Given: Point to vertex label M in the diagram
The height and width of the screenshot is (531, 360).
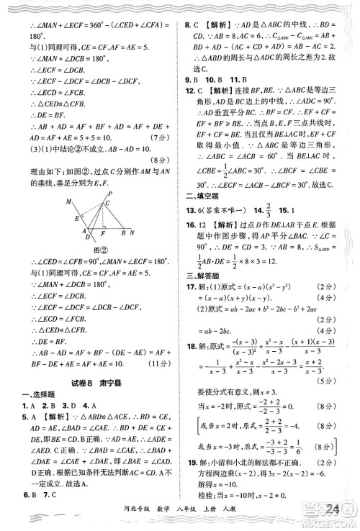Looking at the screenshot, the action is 69,201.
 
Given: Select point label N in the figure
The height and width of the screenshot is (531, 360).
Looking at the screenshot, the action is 132,233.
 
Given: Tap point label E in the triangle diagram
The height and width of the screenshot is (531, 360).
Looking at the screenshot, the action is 76,219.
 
